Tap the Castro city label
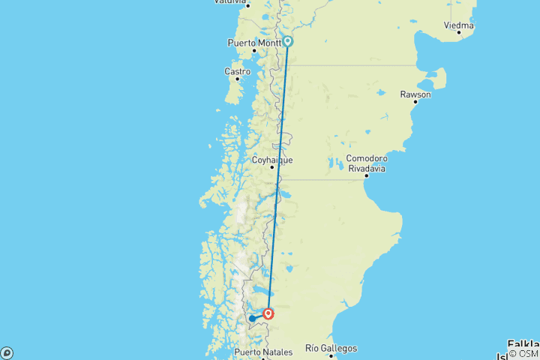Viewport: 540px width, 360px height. (x=237, y=71)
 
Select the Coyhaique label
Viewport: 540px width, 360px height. (x=272, y=160)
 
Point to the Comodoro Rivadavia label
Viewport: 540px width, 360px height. (x=366, y=163)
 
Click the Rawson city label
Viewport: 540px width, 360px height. (x=415, y=94)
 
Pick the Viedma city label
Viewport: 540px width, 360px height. (x=458, y=25)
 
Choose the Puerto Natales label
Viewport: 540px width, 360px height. (x=262, y=352)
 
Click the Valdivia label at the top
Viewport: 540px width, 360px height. (x=230, y=2)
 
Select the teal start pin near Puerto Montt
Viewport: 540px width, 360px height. (x=287, y=42)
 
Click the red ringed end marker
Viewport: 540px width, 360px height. (x=268, y=313)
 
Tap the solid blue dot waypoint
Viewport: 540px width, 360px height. (x=252, y=319)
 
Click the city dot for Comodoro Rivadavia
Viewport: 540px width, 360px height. (x=366, y=175)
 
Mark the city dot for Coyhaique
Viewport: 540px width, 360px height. (x=272, y=167)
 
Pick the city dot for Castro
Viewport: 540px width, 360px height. (x=237, y=79)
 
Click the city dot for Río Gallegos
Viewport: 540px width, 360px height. (x=330, y=355)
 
